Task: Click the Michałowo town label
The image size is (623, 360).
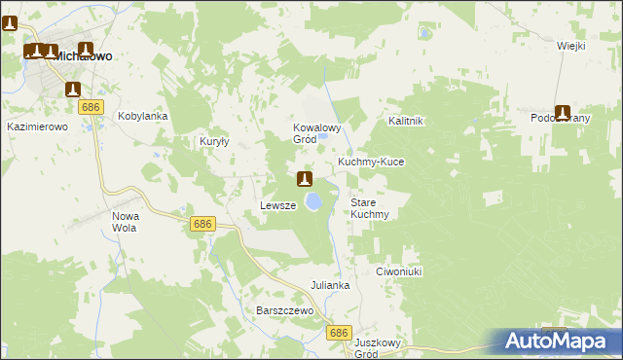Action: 82,56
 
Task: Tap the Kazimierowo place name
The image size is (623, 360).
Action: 35,126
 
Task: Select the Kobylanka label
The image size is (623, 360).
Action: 143,116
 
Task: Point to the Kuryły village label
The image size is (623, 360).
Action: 213,141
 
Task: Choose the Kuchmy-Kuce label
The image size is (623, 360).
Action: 370,161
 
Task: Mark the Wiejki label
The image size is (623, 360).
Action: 570,46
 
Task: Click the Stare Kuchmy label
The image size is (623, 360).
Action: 369,208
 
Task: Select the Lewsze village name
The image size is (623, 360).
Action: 277,205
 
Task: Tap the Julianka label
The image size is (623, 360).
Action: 330,285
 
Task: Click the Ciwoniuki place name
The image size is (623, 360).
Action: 398,272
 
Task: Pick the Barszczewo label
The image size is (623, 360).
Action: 283,309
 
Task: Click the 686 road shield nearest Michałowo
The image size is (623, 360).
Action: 92,106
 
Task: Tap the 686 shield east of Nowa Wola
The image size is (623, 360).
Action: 202,224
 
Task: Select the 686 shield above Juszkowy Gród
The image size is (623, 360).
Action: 338,333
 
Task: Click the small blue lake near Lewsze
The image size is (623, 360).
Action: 313,201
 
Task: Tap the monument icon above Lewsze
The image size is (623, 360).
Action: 305,179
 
